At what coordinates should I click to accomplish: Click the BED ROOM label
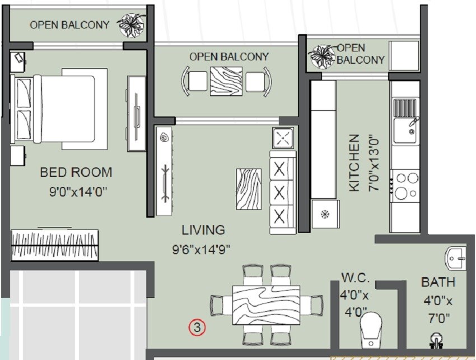76,172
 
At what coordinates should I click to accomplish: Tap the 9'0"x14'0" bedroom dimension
78,192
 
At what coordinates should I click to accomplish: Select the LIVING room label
203,230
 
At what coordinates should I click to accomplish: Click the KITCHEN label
354,163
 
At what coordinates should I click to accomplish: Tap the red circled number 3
197,327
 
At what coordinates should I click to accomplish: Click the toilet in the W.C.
371,331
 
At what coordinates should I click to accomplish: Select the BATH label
438,282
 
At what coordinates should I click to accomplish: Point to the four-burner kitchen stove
406,186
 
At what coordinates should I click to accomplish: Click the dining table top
266,305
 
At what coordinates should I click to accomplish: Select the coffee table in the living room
249,189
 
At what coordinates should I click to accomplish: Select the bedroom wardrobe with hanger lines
54,245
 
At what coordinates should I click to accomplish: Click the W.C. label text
354,277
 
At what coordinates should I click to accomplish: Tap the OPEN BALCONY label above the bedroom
69,25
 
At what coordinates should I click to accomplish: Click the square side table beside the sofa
282,137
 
